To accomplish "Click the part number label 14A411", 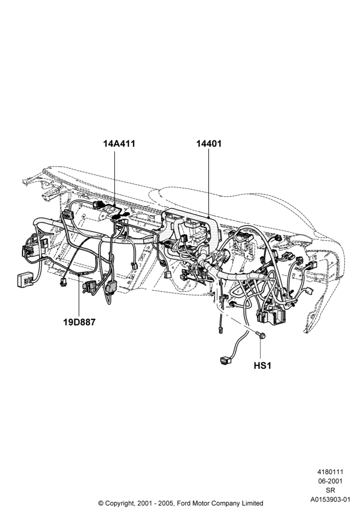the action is [119, 143].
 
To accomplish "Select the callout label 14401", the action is [209, 143].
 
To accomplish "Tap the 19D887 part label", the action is [79, 322].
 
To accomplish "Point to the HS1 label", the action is [263, 365].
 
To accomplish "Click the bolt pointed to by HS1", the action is [261, 335].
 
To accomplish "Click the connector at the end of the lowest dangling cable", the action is [225, 361].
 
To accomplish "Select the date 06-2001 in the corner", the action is [330, 481].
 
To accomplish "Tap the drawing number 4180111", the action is [330, 472].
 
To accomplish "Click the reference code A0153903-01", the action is [330, 500].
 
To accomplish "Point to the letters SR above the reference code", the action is [331, 491].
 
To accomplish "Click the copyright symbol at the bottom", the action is [101, 503].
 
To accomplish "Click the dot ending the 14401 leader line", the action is [209, 217].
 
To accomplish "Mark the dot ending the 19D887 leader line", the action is [79, 276].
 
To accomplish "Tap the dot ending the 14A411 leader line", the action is [114, 205].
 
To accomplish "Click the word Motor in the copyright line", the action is [202, 503].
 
